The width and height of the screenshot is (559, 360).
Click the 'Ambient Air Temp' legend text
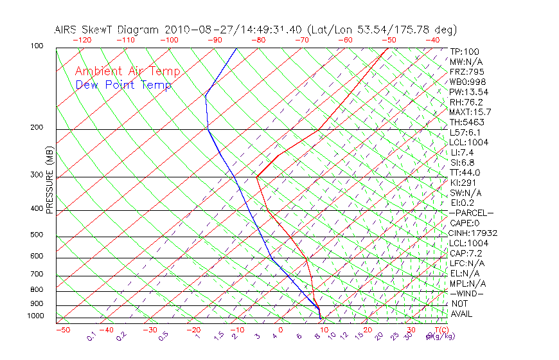(127, 71)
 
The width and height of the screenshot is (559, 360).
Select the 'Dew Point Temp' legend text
(123, 85)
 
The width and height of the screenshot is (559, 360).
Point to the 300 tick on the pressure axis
(37, 175)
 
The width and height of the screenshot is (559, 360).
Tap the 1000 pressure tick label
(35, 316)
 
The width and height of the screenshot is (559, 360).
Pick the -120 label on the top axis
(82, 40)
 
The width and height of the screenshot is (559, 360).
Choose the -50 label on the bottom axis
(62, 330)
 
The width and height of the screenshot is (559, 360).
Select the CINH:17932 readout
(474, 233)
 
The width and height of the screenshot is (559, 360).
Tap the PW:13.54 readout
(469, 92)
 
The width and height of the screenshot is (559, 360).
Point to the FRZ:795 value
(467, 71)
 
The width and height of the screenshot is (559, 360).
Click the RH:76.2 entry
(466, 102)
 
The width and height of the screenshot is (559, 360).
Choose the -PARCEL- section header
(472, 213)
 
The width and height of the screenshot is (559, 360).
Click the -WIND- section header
(467, 293)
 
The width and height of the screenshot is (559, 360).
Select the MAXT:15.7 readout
(471, 112)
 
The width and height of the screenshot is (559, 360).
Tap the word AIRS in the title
(67, 30)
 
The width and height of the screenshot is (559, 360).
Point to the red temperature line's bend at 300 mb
(256, 176)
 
